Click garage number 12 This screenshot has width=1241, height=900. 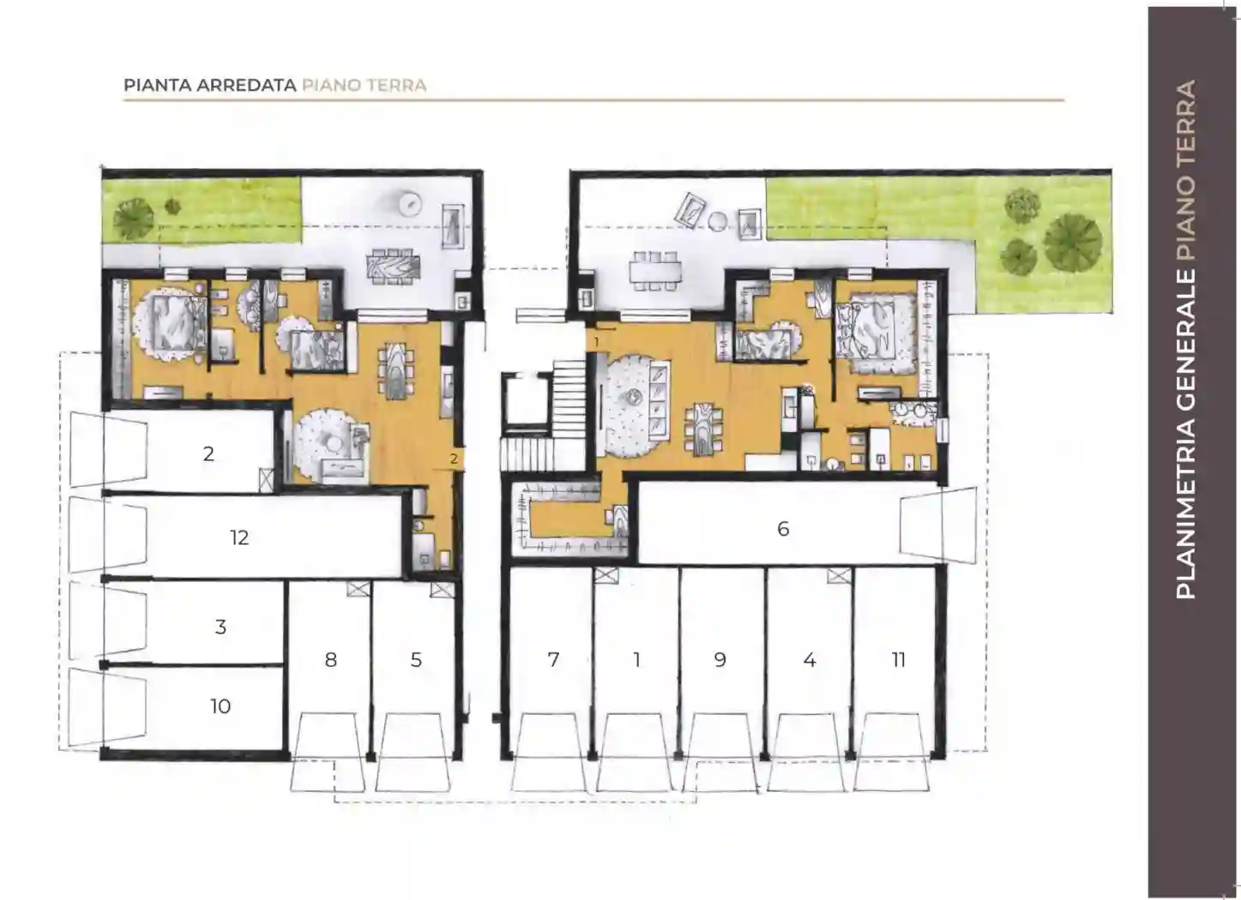pyautogui.click(x=239, y=537)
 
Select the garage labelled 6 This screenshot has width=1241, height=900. pyautogui.click(x=783, y=529)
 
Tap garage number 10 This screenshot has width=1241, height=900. pyautogui.click(x=220, y=706)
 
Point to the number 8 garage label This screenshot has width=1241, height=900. pyautogui.click(x=331, y=660)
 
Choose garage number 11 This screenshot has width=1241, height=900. pyautogui.click(x=899, y=660)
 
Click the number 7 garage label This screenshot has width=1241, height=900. pyautogui.click(x=553, y=660)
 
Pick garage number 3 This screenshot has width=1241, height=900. pyautogui.click(x=220, y=627)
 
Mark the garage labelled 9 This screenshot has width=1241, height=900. pyautogui.click(x=720, y=660)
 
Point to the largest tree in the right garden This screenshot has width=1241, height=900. pyautogui.click(x=1073, y=243)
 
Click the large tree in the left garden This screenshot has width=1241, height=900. pyautogui.click(x=134, y=218)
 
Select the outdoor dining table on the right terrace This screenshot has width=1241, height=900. pyautogui.click(x=655, y=272)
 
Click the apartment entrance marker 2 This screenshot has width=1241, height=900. pyautogui.click(x=455, y=459)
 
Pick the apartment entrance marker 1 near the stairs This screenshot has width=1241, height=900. pyautogui.click(x=597, y=342)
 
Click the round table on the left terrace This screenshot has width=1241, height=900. pyautogui.click(x=411, y=202)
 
